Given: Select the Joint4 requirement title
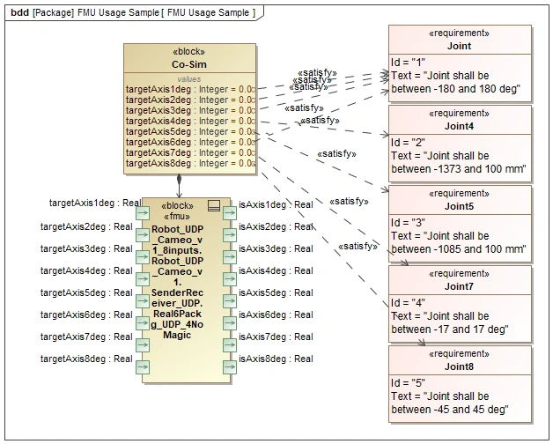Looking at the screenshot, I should click(460, 126).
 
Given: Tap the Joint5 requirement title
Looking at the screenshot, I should click(460, 206).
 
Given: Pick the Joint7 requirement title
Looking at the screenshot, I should click(460, 286).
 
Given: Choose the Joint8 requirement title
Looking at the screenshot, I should click(460, 366).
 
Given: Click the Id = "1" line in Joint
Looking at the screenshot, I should click(408, 62).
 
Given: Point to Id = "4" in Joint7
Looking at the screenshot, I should click(408, 302).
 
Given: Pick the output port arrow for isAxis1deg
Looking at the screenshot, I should click(230, 212).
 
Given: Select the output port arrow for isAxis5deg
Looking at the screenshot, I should click(230, 300).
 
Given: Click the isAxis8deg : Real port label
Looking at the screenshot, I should click(276, 359).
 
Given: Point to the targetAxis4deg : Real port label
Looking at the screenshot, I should click(86, 270).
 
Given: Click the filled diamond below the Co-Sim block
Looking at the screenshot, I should click(180, 180).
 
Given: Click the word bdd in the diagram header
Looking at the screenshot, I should click(19, 12).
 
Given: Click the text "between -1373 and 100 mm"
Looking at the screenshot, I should click(458, 169).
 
